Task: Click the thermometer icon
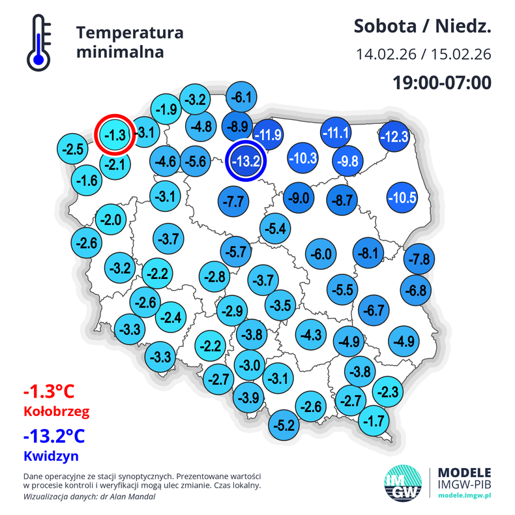pos(38,43)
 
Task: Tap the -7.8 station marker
pos(419,259)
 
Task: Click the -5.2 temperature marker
pos(285,426)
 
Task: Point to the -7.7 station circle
pos(233,201)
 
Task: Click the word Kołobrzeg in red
pos(55,412)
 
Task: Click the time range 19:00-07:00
pos(441,83)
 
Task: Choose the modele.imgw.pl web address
pos(463,496)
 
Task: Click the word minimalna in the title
pos(120,52)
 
